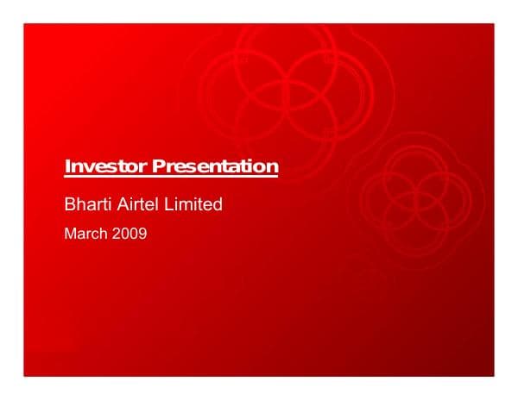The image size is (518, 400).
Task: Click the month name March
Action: (85, 233)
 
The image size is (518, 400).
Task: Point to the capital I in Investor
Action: (68, 166)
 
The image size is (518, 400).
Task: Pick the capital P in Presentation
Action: (158, 166)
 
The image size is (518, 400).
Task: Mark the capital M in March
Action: (71, 233)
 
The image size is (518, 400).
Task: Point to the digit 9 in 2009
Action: (142, 233)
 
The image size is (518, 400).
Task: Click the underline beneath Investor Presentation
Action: (172, 176)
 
